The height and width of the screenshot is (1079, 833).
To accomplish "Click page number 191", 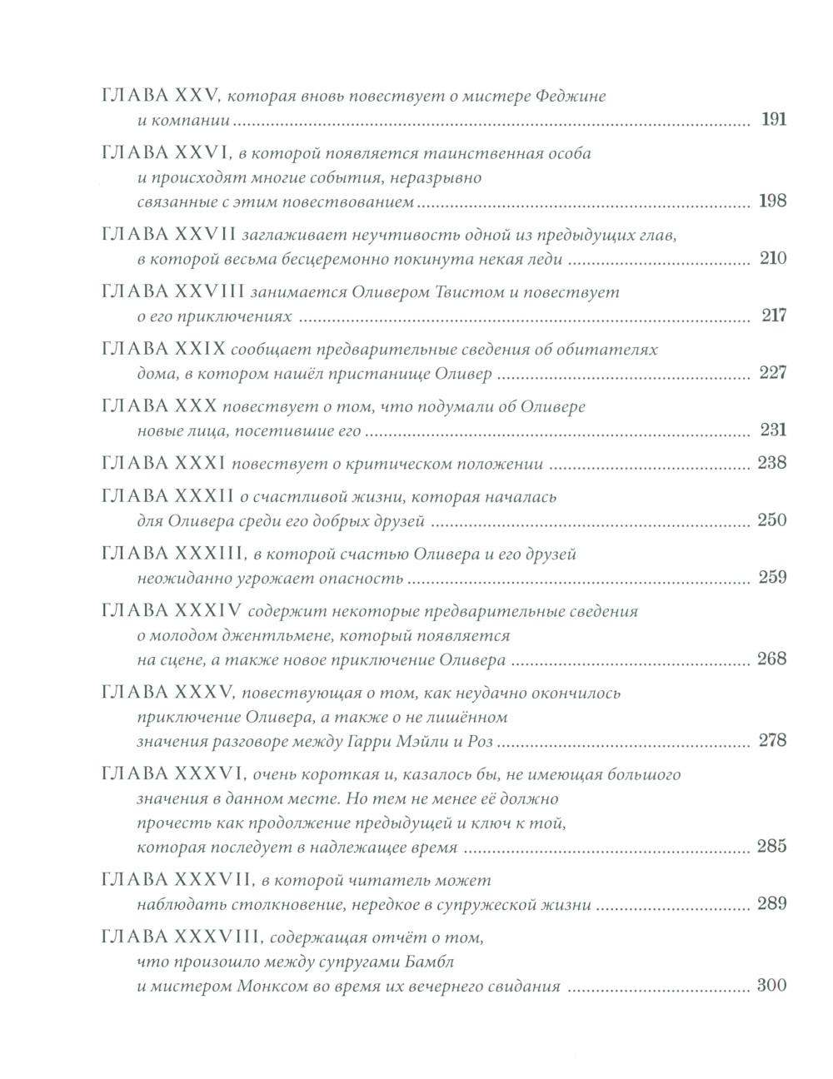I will click(773, 120).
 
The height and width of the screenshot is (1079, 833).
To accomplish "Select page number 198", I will click(772, 201).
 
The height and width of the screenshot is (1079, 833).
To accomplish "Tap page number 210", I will click(772, 259).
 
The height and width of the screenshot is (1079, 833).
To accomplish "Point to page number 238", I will click(771, 463).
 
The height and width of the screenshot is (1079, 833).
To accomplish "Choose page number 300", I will click(771, 987).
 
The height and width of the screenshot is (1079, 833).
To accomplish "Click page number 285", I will click(771, 848).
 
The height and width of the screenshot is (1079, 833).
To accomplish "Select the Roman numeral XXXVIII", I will click(218, 937).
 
